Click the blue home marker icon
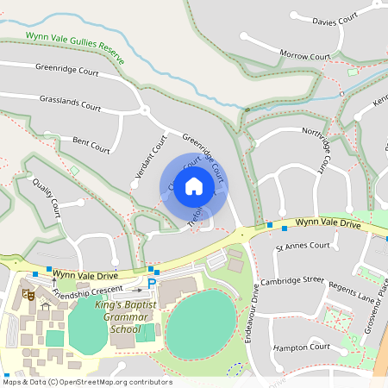pyautogui.click(x=194, y=186)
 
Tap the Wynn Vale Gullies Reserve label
pyautogui.click(x=75, y=47)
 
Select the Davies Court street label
pyautogui.click(x=335, y=20)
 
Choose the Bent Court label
pyautogui.click(x=91, y=143)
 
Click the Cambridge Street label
pyautogui.click(x=294, y=279)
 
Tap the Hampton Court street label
pyautogui.click(x=301, y=347)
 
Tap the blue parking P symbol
pyautogui.click(x=152, y=284)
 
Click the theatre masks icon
pyautogui.click(x=28, y=295)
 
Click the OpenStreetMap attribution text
pyautogui.click(x=88, y=382)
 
